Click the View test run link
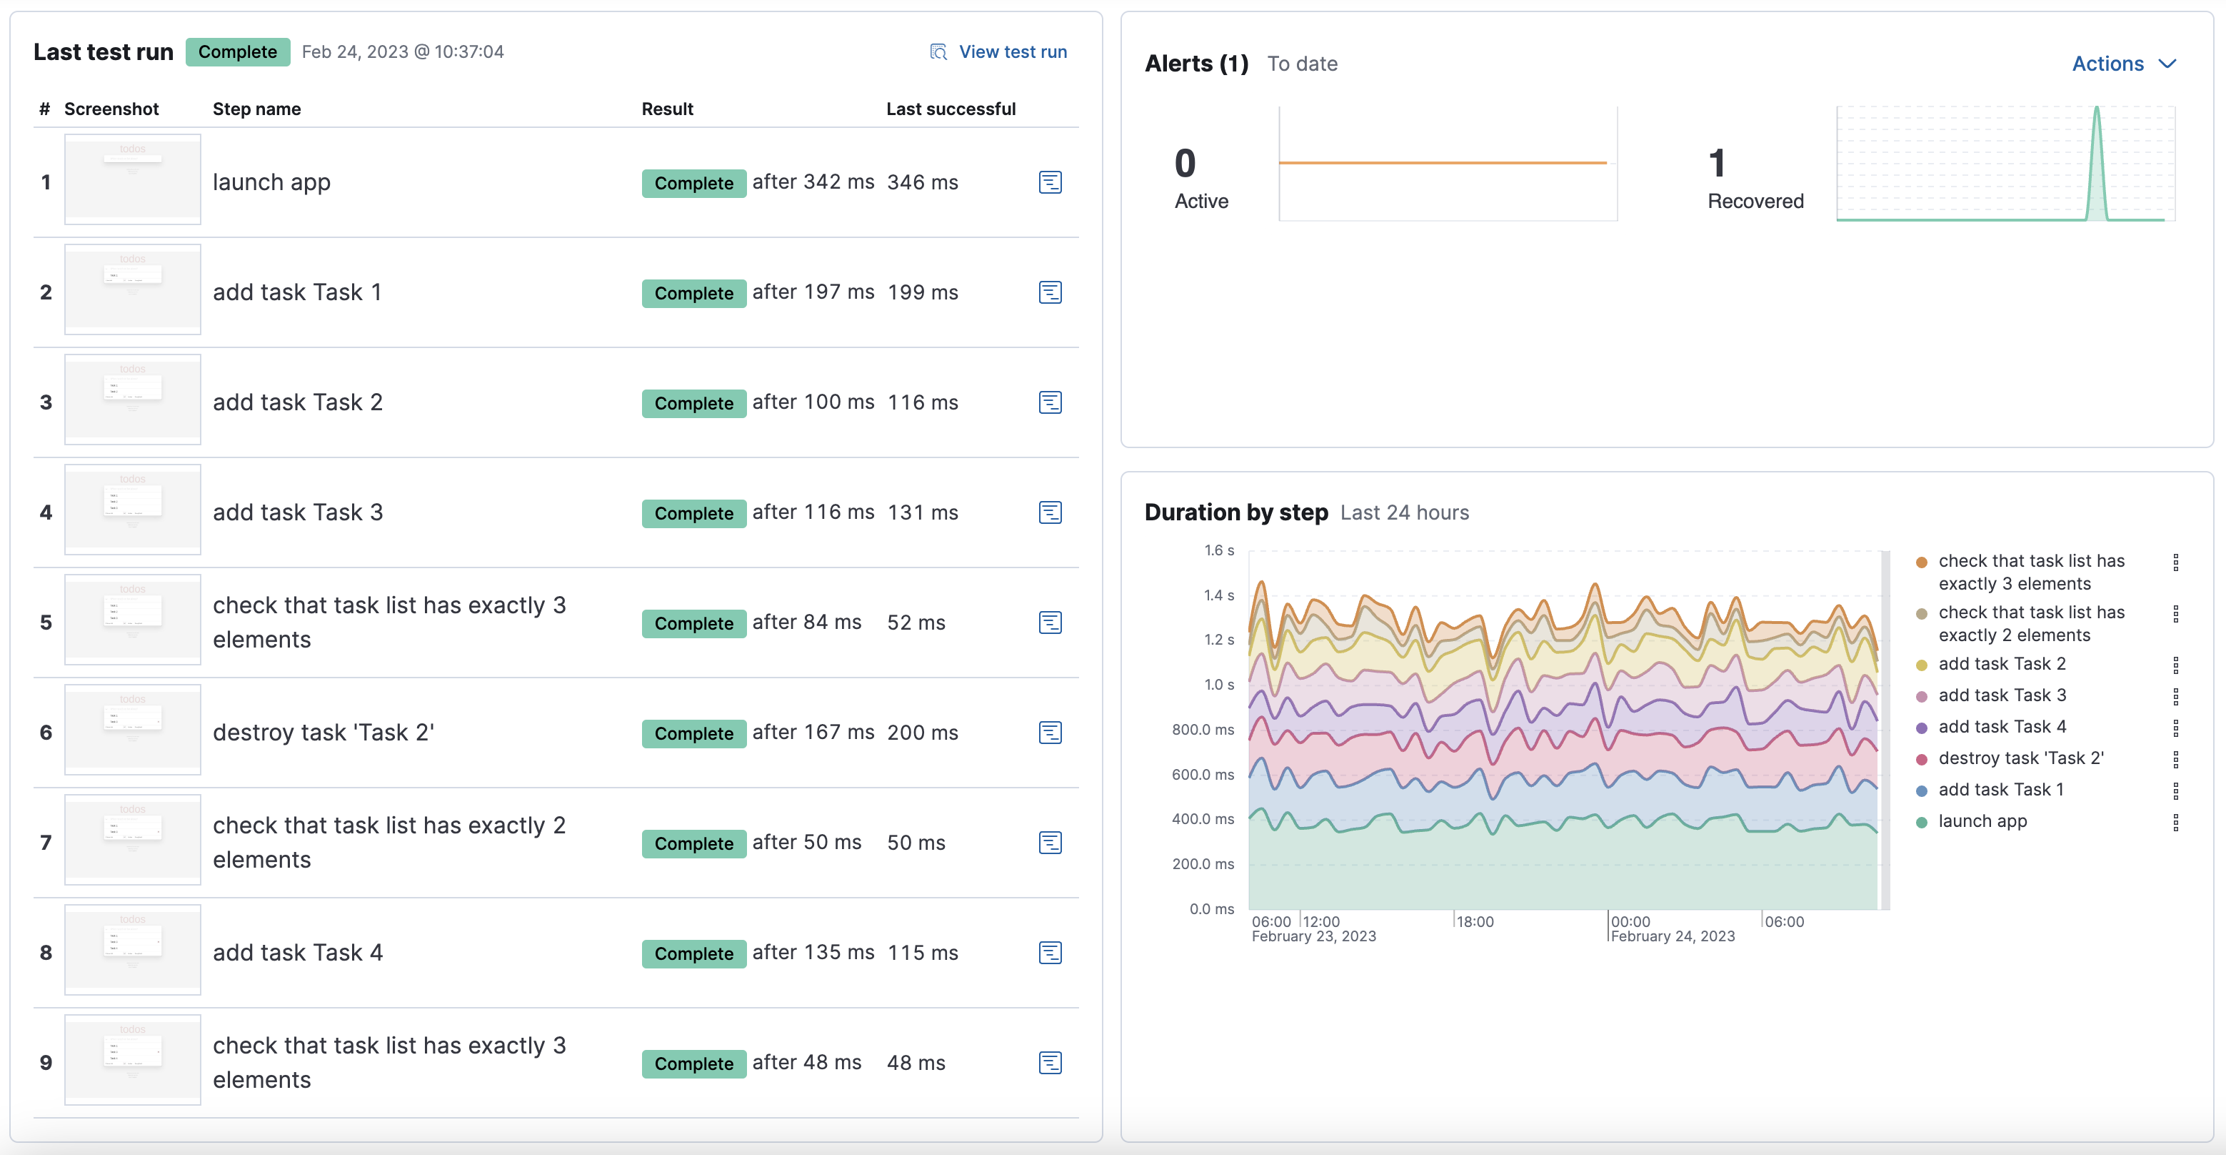[x=1012, y=52]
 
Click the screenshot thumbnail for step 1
[x=132, y=180]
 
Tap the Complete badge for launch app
[x=693, y=183]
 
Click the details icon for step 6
[x=1049, y=733]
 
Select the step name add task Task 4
[x=297, y=953]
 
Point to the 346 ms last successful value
[x=922, y=182]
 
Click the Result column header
[x=667, y=109]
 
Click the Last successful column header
[x=950, y=109]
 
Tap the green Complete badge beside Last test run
[x=238, y=52]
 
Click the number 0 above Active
[x=1185, y=164]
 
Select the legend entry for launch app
[x=1982, y=821]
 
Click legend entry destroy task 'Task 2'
[x=2020, y=758]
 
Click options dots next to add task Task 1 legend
[x=2175, y=790]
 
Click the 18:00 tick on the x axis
[x=1474, y=921]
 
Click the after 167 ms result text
[x=812, y=733]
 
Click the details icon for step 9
[x=1049, y=1063]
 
